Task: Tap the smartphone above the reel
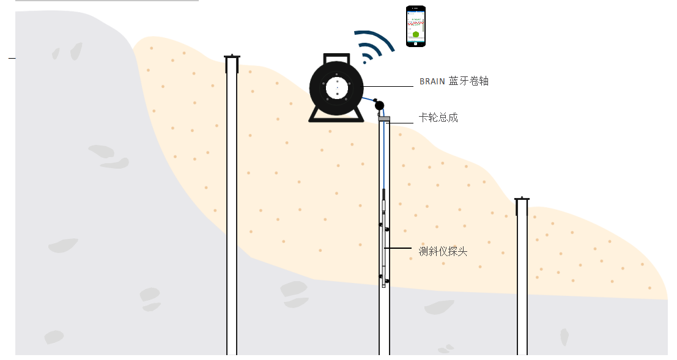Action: point(416,26)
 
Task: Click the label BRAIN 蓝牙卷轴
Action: point(454,81)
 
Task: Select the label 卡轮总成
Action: point(438,117)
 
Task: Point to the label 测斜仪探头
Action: point(443,251)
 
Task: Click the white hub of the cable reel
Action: point(337,88)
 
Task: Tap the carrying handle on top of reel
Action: point(336,58)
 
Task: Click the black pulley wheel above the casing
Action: point(379,105)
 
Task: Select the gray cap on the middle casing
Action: point(384,119)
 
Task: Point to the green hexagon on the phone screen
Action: point(415,34)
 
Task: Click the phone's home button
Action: point(416,43)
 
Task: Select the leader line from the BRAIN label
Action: point(388,86)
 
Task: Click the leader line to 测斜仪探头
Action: point(398,248)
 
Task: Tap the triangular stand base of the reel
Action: point(336,115)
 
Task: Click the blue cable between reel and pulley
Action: point(368,100)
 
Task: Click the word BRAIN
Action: point(432,81)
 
